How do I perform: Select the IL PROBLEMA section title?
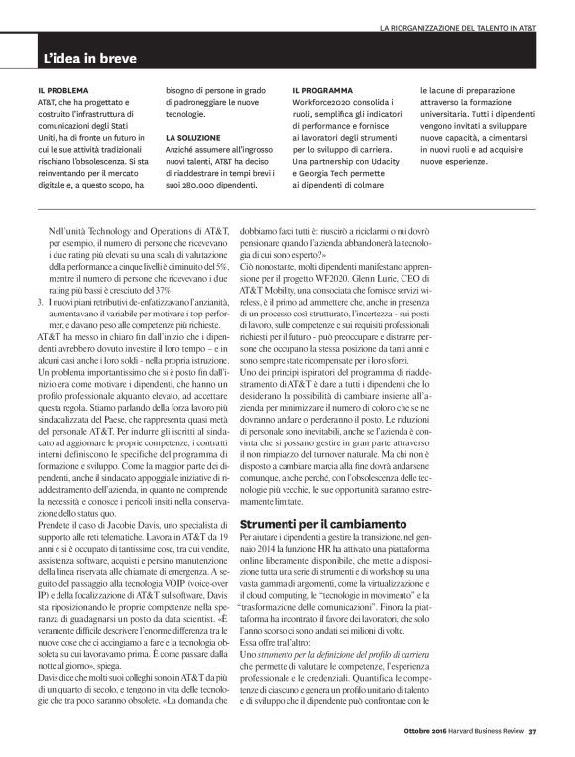[x=61, y=89]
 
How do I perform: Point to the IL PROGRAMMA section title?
[x=324, y=89]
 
